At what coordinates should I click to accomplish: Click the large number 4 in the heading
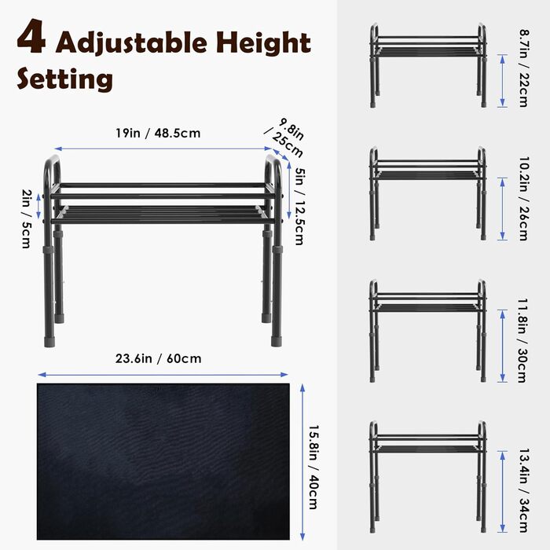tap(31, 36)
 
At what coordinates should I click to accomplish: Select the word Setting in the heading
tap(65, 79)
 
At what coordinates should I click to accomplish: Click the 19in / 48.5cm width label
tap(158, 133)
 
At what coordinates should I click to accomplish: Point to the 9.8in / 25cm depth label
tap(284, 137)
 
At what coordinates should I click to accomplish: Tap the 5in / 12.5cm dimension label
tap(300, 206)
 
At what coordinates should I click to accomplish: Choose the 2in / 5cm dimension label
tap(26, 218)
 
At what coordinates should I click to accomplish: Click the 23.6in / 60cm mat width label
tap(158, 358)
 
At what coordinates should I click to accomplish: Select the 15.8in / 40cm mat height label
tap(313, 467)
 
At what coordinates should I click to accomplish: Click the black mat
tap(163, 461)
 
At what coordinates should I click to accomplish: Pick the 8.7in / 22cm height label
tap(524, 68)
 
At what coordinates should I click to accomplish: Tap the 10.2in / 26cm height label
tap(524, 198)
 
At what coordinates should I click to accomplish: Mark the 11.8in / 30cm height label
tap(522, 340)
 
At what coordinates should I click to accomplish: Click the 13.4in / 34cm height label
tap(523, 490)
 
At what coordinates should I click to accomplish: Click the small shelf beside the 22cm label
tap(428, 65)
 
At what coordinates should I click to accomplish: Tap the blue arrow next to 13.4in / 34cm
tap(502, 492)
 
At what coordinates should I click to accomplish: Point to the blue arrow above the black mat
tap(163, 375)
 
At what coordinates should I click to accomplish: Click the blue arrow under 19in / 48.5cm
tap(163, 149)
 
